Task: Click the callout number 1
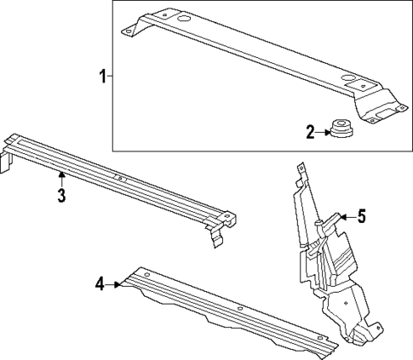pyautogui.click(x=101, y=77)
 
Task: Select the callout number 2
pyautogui.click(x=310, y=131)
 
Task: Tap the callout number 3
pyautogui.click(x=61, y=197)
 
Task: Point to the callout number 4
pyautogui.click(x=100, y=283)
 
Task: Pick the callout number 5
pyautogui.click(x=361, y=217)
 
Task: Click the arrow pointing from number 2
pyautogui.click(x=324, y=131)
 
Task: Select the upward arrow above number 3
pyautogui.click(x=61, y=177)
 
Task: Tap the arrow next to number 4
pyautogui.click(x=115, y=283)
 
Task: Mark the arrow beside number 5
pyautogui.click(x=343, y=218)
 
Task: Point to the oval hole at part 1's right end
pyautogui.click(x=350, y=81)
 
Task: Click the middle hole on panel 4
pyautogui.click(x=241, y=308)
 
